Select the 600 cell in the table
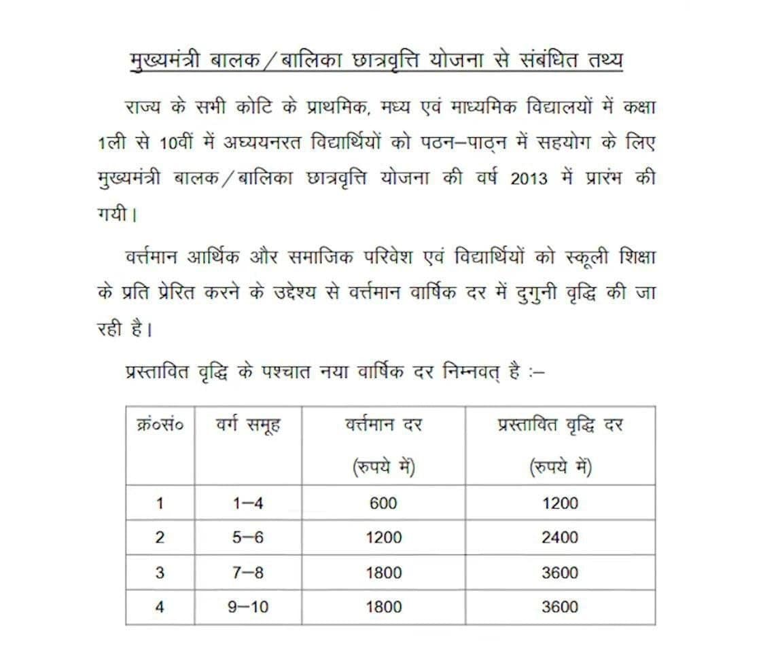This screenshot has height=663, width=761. click(x=383, y=503)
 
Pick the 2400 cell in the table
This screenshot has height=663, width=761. click(x=560, y=537)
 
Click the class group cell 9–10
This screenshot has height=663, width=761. click(x=248, y=607)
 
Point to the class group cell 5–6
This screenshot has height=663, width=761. click(x=248, y=537)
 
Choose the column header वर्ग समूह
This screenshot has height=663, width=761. click(x=248, y=427)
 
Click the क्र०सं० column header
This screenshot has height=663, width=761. click(x=160, y=427)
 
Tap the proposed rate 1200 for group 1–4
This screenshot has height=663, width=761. click(x=560, y=503)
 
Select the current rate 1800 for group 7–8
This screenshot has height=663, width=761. click(x=383, y=573)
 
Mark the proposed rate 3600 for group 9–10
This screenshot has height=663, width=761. click(x=560, y=607)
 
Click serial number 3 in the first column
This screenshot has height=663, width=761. click(x=160, y=573)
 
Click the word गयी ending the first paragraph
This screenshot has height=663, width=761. click(x=111, y=216)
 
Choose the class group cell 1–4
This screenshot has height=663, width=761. click(x=248, y=503)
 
